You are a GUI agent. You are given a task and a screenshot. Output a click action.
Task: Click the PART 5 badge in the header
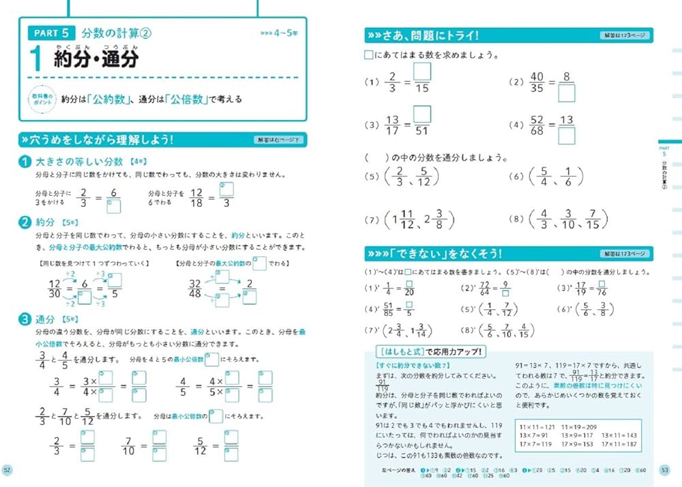click(x=50, y=32)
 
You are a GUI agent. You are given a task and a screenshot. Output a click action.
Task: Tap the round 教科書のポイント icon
click(x=39, y=99)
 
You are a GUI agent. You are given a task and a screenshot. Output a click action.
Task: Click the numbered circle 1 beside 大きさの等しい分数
click(x=25, y=161)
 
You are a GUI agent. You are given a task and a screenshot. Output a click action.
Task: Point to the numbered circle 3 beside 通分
click(x=25, y=318)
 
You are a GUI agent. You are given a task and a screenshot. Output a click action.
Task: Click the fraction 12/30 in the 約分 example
click(x=55, y=288)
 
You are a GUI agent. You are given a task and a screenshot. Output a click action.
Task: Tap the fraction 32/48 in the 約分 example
click(x=195, y=288)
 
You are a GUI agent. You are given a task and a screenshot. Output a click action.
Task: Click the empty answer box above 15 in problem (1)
click(x=421, y=72)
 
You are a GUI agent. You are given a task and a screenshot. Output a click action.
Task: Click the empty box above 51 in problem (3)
click(x=421, y=114)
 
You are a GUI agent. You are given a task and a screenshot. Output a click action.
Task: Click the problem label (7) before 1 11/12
click(x=372, y=220)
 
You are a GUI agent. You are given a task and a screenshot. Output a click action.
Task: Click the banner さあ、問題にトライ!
click(x=423, y=36)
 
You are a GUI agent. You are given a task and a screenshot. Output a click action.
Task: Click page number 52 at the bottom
click(x=8, y=469)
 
